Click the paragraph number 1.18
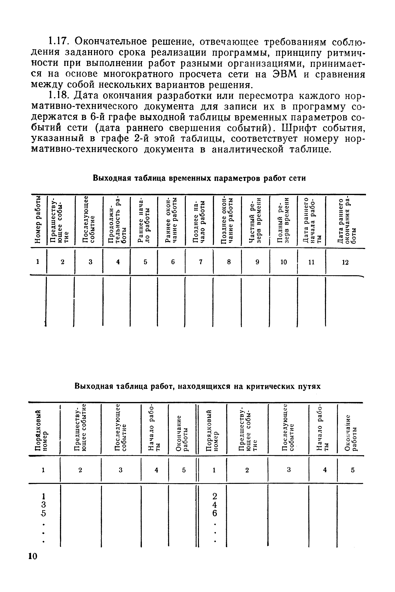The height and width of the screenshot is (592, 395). pyautogui.click(x=58, y=96)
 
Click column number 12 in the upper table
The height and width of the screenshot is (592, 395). pyautogui.click(x=345, y=262)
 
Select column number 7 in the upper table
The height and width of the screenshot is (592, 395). pyautogui.click(x=201, y=262)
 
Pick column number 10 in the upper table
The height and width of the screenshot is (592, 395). pyautogui.click(x=284, y=262)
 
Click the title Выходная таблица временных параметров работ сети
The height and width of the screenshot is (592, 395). pyautogui.click(x=199, y=178)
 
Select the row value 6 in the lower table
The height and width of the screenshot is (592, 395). pyautogui.click(x=215, y=513)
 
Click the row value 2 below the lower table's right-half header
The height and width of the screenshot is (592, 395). pyautogui.click(x=215, y=496)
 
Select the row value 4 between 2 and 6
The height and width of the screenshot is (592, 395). pyautogui.click(x=215, y=505)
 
